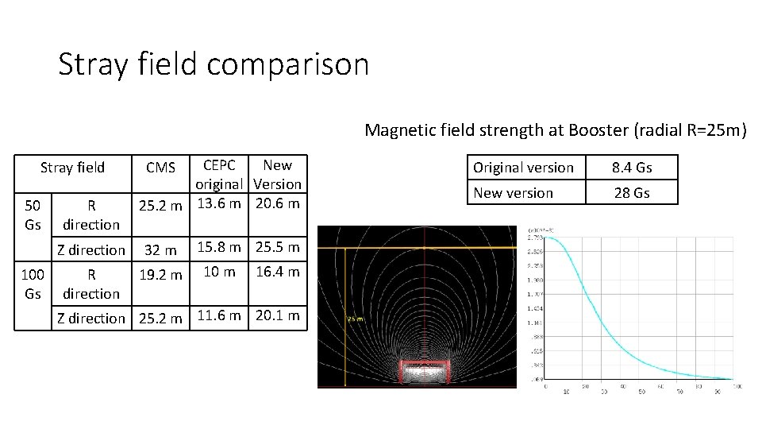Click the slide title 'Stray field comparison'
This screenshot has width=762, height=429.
point(214,64)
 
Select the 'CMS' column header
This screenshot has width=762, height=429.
point(161,168)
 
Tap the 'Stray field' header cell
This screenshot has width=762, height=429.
point(72,167)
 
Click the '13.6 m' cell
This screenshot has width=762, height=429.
point(219,203)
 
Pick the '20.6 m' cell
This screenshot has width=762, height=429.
point(277,203)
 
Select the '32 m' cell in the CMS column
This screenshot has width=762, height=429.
point(161,250)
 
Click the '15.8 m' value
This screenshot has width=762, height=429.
point(219,247)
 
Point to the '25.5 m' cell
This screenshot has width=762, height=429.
point(277,247)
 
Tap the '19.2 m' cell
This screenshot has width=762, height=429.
point(161,276)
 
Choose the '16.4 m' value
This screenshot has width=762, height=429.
point(277,272)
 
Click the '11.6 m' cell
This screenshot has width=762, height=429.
point(219,315)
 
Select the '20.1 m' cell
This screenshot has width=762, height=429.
point(277,315)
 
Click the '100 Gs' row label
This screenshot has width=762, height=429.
point(33,284)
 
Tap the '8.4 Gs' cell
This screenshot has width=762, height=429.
point(632,168)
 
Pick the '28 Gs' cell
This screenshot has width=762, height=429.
point(632,193)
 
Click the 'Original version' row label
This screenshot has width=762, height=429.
point(523,168)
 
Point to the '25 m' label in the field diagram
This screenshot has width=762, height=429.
point(356,319)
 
